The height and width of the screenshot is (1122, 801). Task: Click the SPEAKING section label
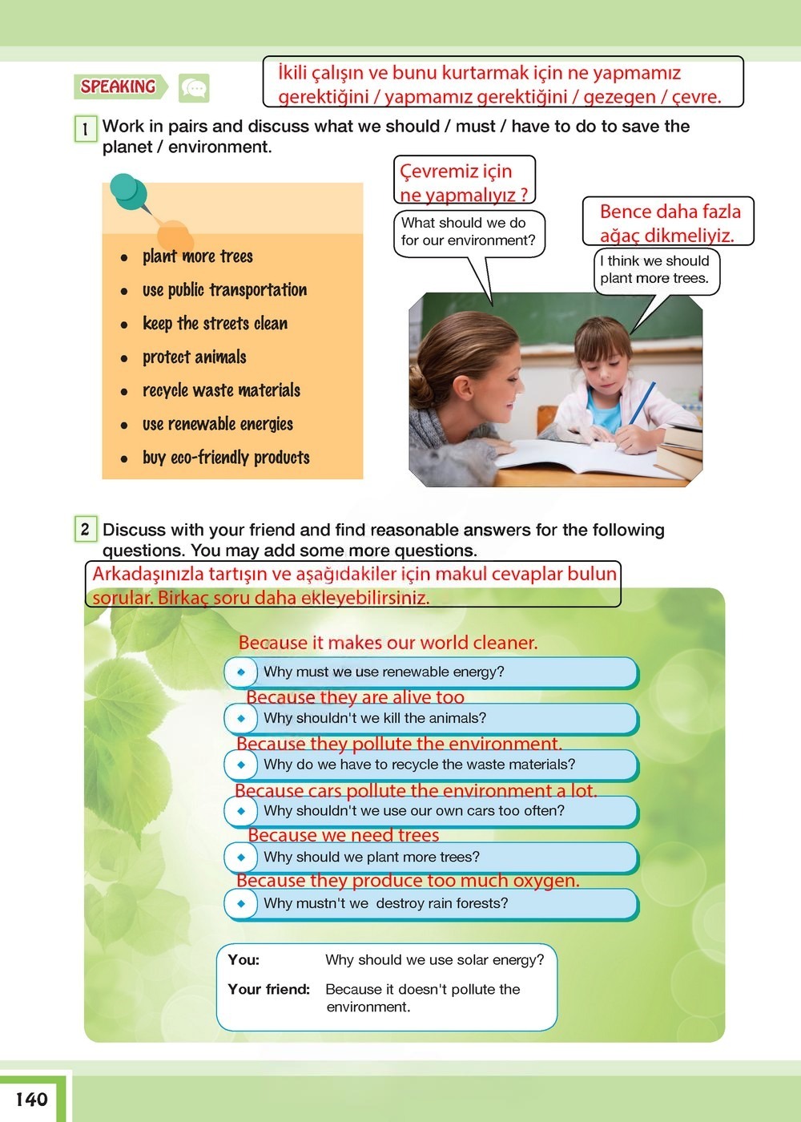119,87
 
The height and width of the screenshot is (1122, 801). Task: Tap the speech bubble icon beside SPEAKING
194,87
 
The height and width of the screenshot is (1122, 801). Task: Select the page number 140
32,1099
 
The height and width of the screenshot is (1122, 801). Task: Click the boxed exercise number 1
85,128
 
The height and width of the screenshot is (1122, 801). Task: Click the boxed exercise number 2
85,530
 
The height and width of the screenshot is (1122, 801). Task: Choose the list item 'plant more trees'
197,256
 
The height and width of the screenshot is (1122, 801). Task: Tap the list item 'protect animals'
194,357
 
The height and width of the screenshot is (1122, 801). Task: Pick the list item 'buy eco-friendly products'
226,458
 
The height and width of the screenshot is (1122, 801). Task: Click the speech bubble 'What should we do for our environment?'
469,232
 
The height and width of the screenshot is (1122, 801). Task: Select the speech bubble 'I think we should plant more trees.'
655,270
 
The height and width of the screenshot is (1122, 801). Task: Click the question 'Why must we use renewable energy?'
384,672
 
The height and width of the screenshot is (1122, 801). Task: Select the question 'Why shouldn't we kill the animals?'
375,719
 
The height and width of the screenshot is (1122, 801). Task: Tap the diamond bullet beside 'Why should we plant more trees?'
241,858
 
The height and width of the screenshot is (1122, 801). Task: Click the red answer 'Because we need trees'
343,835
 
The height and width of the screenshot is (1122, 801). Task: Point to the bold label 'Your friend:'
268,990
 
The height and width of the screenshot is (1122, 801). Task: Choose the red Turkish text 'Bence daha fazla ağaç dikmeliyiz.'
669,223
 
